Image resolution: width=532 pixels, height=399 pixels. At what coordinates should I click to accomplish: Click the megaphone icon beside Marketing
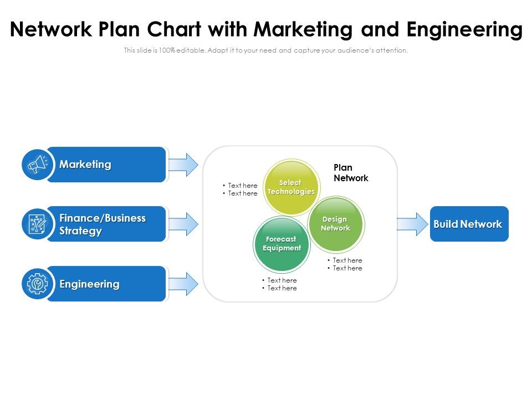click(x=37, y=164)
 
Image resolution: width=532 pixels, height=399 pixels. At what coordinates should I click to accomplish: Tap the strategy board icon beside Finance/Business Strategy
click(x=37, y=224)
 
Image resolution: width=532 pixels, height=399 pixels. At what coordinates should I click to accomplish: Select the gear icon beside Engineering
click(x=37, y=284)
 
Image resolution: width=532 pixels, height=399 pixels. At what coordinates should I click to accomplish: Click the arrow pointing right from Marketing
click(x=183, y=165)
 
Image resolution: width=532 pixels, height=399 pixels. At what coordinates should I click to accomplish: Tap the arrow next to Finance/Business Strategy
click(x=183, y=224)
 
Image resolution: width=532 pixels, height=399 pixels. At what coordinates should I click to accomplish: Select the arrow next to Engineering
click(x=183, y=284)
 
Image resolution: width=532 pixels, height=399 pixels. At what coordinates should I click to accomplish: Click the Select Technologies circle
click(x=290, y=187)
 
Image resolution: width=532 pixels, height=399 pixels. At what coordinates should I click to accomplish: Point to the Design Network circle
click(x=335, y=224)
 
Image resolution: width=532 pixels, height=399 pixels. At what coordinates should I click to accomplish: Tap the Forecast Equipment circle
click(x=282, y=244)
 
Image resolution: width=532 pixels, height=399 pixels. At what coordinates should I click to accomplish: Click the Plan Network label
click(x=350, y=173)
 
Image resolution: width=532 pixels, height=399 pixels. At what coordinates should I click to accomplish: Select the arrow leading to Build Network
click(x=410, y=224)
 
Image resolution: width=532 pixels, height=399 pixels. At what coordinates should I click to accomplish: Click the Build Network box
click(x=469, y=224)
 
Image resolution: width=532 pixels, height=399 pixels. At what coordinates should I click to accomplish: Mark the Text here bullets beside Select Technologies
click(x=240, y=190)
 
